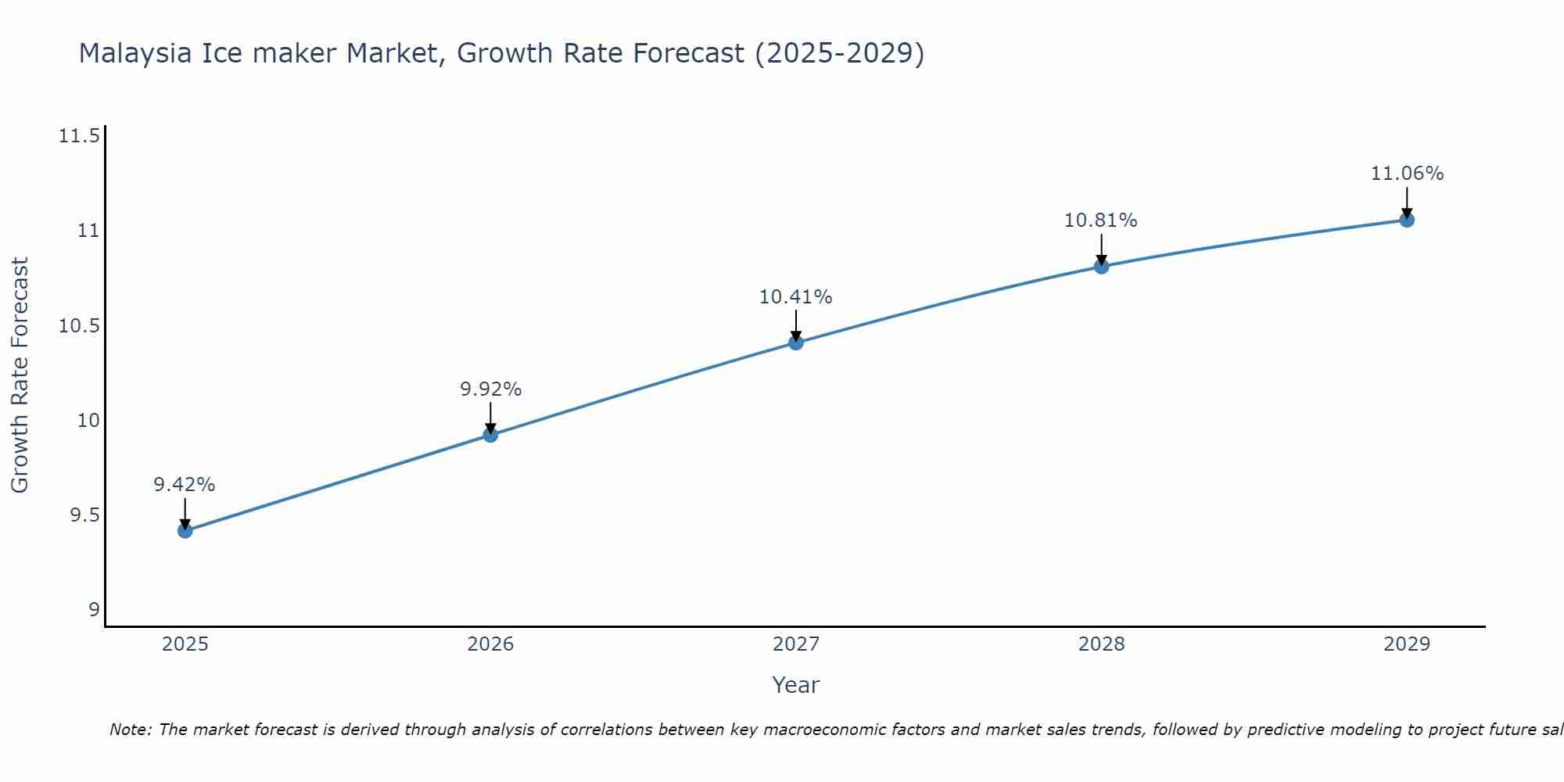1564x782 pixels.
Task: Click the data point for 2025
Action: click(185, 531)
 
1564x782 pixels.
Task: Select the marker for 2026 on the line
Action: click(490, 435)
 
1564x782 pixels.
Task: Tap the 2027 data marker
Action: click(796, 343)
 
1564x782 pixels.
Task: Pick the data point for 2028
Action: click(1101, 267)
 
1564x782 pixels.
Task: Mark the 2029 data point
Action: click(1407, 220)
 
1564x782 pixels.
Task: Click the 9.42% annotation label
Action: click(185, 485)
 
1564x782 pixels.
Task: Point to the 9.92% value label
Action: click(490, 389)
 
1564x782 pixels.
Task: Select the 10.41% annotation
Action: click(796, 297)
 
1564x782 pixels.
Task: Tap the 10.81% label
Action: click(1101, 221)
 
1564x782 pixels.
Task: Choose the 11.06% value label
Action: click(1407, 174)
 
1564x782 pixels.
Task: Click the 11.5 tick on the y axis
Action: click(79, 137)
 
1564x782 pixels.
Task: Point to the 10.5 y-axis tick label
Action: click(79, 326)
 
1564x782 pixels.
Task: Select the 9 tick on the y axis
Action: click(94, 610)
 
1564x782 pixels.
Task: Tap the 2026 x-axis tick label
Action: click(490, 644)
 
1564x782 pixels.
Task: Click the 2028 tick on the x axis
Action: click(1101, 644)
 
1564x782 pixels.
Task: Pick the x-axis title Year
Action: click(796, 685)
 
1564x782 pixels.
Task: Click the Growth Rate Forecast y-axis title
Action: click(20, 375)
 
